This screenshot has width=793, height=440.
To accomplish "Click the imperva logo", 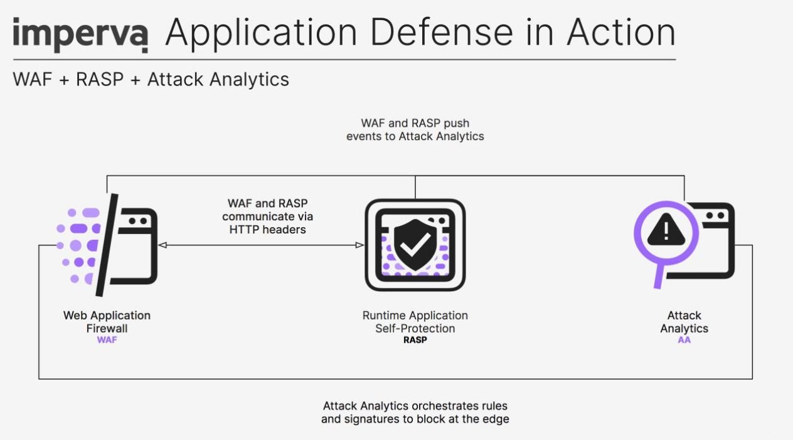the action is click(80, 35).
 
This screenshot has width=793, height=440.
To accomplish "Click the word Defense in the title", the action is click(441, 32).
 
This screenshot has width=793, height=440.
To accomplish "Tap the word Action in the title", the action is click(621, 32).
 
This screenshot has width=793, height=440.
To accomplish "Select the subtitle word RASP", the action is click(100, 79).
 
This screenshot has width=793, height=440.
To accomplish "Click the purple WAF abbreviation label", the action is click(107, 340).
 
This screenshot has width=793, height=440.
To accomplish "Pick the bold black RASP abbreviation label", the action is click(415, 340).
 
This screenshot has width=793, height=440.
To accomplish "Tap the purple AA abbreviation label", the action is click(684, 340).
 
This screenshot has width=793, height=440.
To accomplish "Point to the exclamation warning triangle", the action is click(666, 230).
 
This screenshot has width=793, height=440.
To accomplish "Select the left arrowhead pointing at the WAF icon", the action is click(162, 245).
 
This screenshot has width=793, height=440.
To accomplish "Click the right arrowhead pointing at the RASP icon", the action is click(359, 245).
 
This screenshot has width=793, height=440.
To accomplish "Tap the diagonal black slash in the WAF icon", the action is click(107, 245).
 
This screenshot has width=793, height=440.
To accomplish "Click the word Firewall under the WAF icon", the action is click(107, 328).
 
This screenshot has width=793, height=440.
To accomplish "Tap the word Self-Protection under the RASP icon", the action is click(415, 328).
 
